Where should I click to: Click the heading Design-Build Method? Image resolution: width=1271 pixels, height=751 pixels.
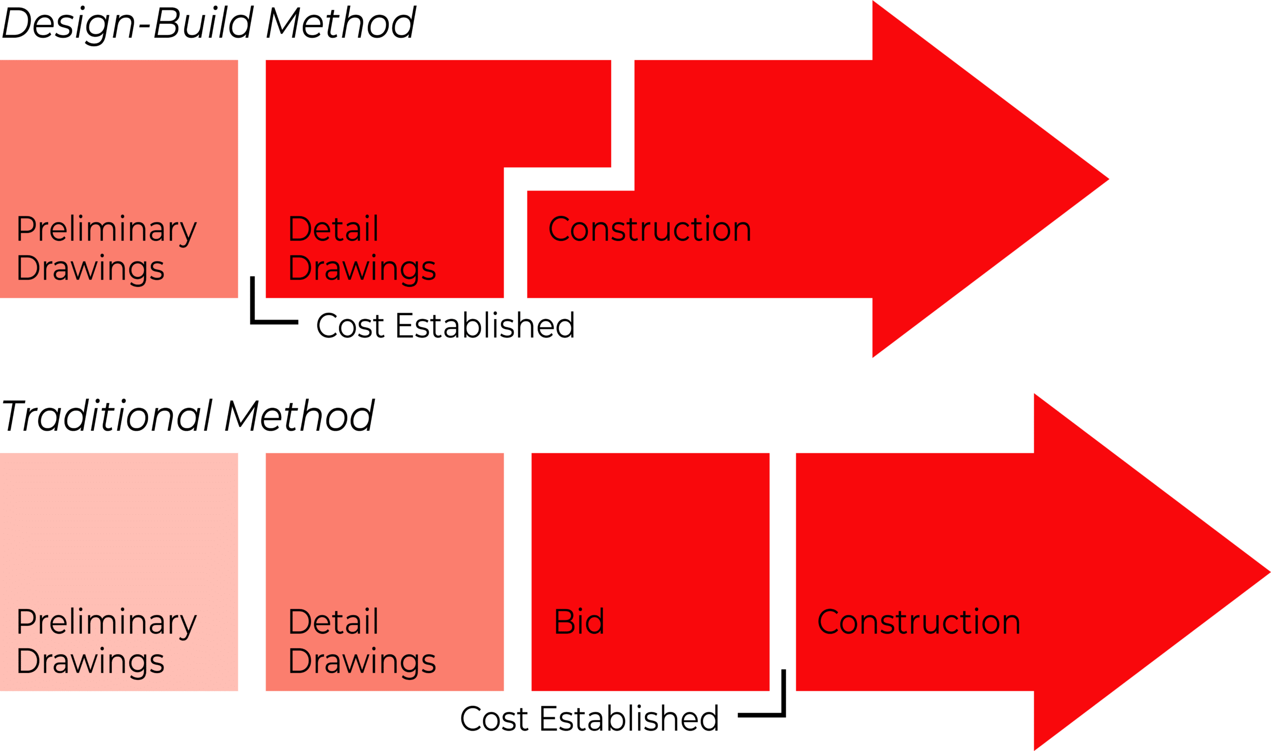(x=209, y=23)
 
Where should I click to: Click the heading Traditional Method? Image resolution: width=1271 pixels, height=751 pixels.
(x=188, y=416)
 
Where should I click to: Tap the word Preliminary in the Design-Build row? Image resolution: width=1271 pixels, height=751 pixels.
(x=106, y=230)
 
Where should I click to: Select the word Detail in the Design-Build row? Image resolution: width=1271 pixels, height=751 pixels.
(x=333, y=229)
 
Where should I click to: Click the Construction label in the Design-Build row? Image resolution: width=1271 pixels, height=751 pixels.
(x=649, y=229)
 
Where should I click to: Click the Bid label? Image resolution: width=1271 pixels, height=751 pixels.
(x=579, y=621)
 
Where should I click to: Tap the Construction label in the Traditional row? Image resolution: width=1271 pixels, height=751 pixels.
(x=918, y=621)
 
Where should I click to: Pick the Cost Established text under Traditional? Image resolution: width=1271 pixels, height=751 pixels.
(x=589, y=719)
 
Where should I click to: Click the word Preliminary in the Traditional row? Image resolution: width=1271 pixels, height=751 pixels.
(x=106, y=622)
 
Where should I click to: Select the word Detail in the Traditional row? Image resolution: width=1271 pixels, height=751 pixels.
(x=333, y=621)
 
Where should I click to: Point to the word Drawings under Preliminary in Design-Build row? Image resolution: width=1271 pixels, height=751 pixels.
(x=90, y=269)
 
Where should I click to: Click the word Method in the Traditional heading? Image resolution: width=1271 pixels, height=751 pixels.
(x=299, y=416)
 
